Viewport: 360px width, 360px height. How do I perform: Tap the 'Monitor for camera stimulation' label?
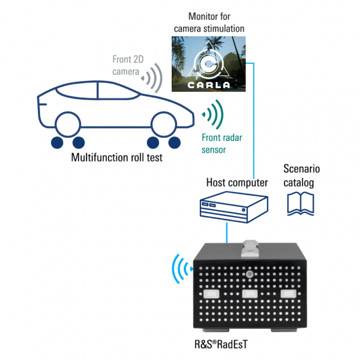tap(208, 21)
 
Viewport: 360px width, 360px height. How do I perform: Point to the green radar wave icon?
tap(212, 113)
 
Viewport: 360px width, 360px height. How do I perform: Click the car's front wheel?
tap(163, 123)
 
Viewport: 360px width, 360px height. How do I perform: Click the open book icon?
tap(301, 203)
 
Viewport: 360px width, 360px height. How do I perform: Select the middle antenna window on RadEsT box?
tap(250, 294)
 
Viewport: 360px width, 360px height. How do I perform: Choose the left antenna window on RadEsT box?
tap(211, 294)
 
